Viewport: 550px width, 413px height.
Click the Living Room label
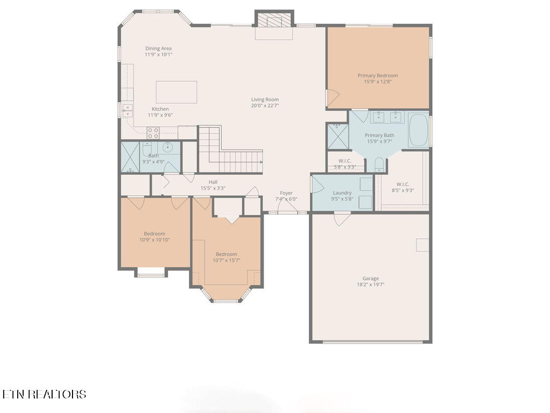click(265, 99)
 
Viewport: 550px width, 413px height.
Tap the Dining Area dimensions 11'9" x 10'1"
click(158, 54)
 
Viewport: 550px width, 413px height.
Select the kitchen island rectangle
click(176, 92)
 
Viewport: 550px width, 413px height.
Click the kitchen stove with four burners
click(153, 133)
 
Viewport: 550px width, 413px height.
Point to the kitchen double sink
click(127, 111)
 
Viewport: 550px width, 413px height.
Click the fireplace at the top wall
click(274, 22)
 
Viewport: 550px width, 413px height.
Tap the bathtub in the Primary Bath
click(418, 130)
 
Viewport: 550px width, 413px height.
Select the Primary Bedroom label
click(378, 75)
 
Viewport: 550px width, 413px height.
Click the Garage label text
click(371, 279)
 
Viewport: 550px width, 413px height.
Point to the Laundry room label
click(342, 193)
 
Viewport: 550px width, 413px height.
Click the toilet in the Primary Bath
click(379, 165)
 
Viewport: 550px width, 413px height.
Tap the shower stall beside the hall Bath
click(130, 157)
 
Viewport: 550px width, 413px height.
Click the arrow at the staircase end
click(262, 162)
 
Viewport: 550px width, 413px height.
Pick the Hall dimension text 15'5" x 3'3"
click(213, 188)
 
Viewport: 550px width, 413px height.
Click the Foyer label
click(286, 193)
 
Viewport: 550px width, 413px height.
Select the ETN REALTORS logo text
click(44, 394)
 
